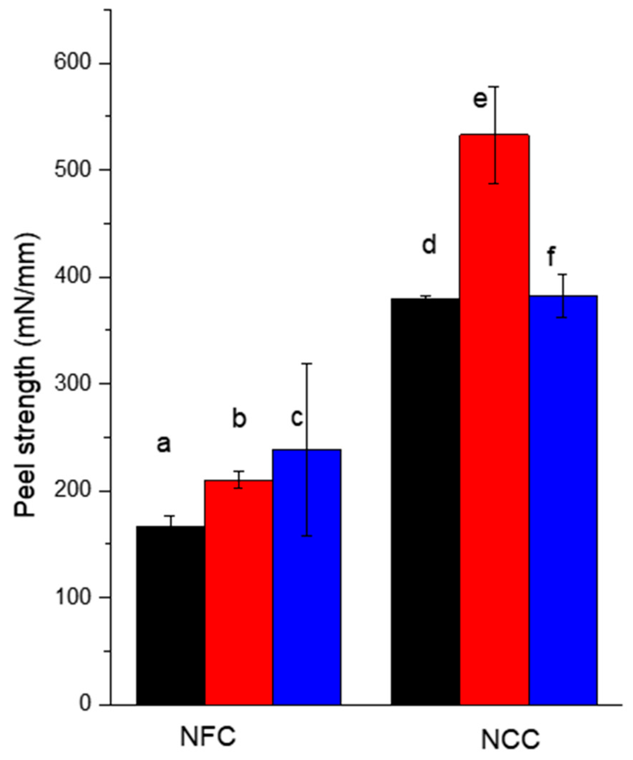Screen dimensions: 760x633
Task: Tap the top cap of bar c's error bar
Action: click(x=307, y=364)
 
